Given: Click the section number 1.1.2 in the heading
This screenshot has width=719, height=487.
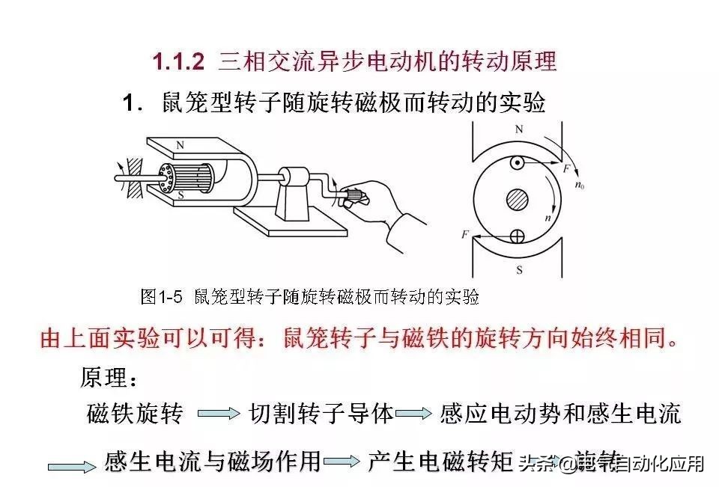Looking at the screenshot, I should pyautogui.click(x=178, y=61).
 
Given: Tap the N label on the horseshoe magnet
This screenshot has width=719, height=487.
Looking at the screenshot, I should pyautogui.click(x=179, y=144).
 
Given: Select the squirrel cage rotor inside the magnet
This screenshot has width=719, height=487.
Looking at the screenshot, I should pyautogui.click(x=186, y=177).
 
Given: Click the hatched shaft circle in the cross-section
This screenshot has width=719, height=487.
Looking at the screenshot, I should pyautogui.click(x=517, y=200).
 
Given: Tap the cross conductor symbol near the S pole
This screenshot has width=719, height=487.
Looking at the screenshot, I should pyautogui.click(x=517, y=236).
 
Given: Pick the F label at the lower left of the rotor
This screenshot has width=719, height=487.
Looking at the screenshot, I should pyautogui.click(x=465, y=235).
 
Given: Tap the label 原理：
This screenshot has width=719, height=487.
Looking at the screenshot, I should pyautogui.click(x=109, y=378).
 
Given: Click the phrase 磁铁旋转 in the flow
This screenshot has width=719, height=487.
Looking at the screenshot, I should pyautogui.click(x=135, y=413).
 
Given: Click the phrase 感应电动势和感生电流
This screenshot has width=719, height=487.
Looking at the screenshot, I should pyautogui.click(x=560, y=413).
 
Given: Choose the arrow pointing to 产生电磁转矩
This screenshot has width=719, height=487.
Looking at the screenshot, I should pyautogui.click(x=345, y=462).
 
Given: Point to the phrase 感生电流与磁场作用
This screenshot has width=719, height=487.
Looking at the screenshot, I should pyautogui.click(x=213, y=462).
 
